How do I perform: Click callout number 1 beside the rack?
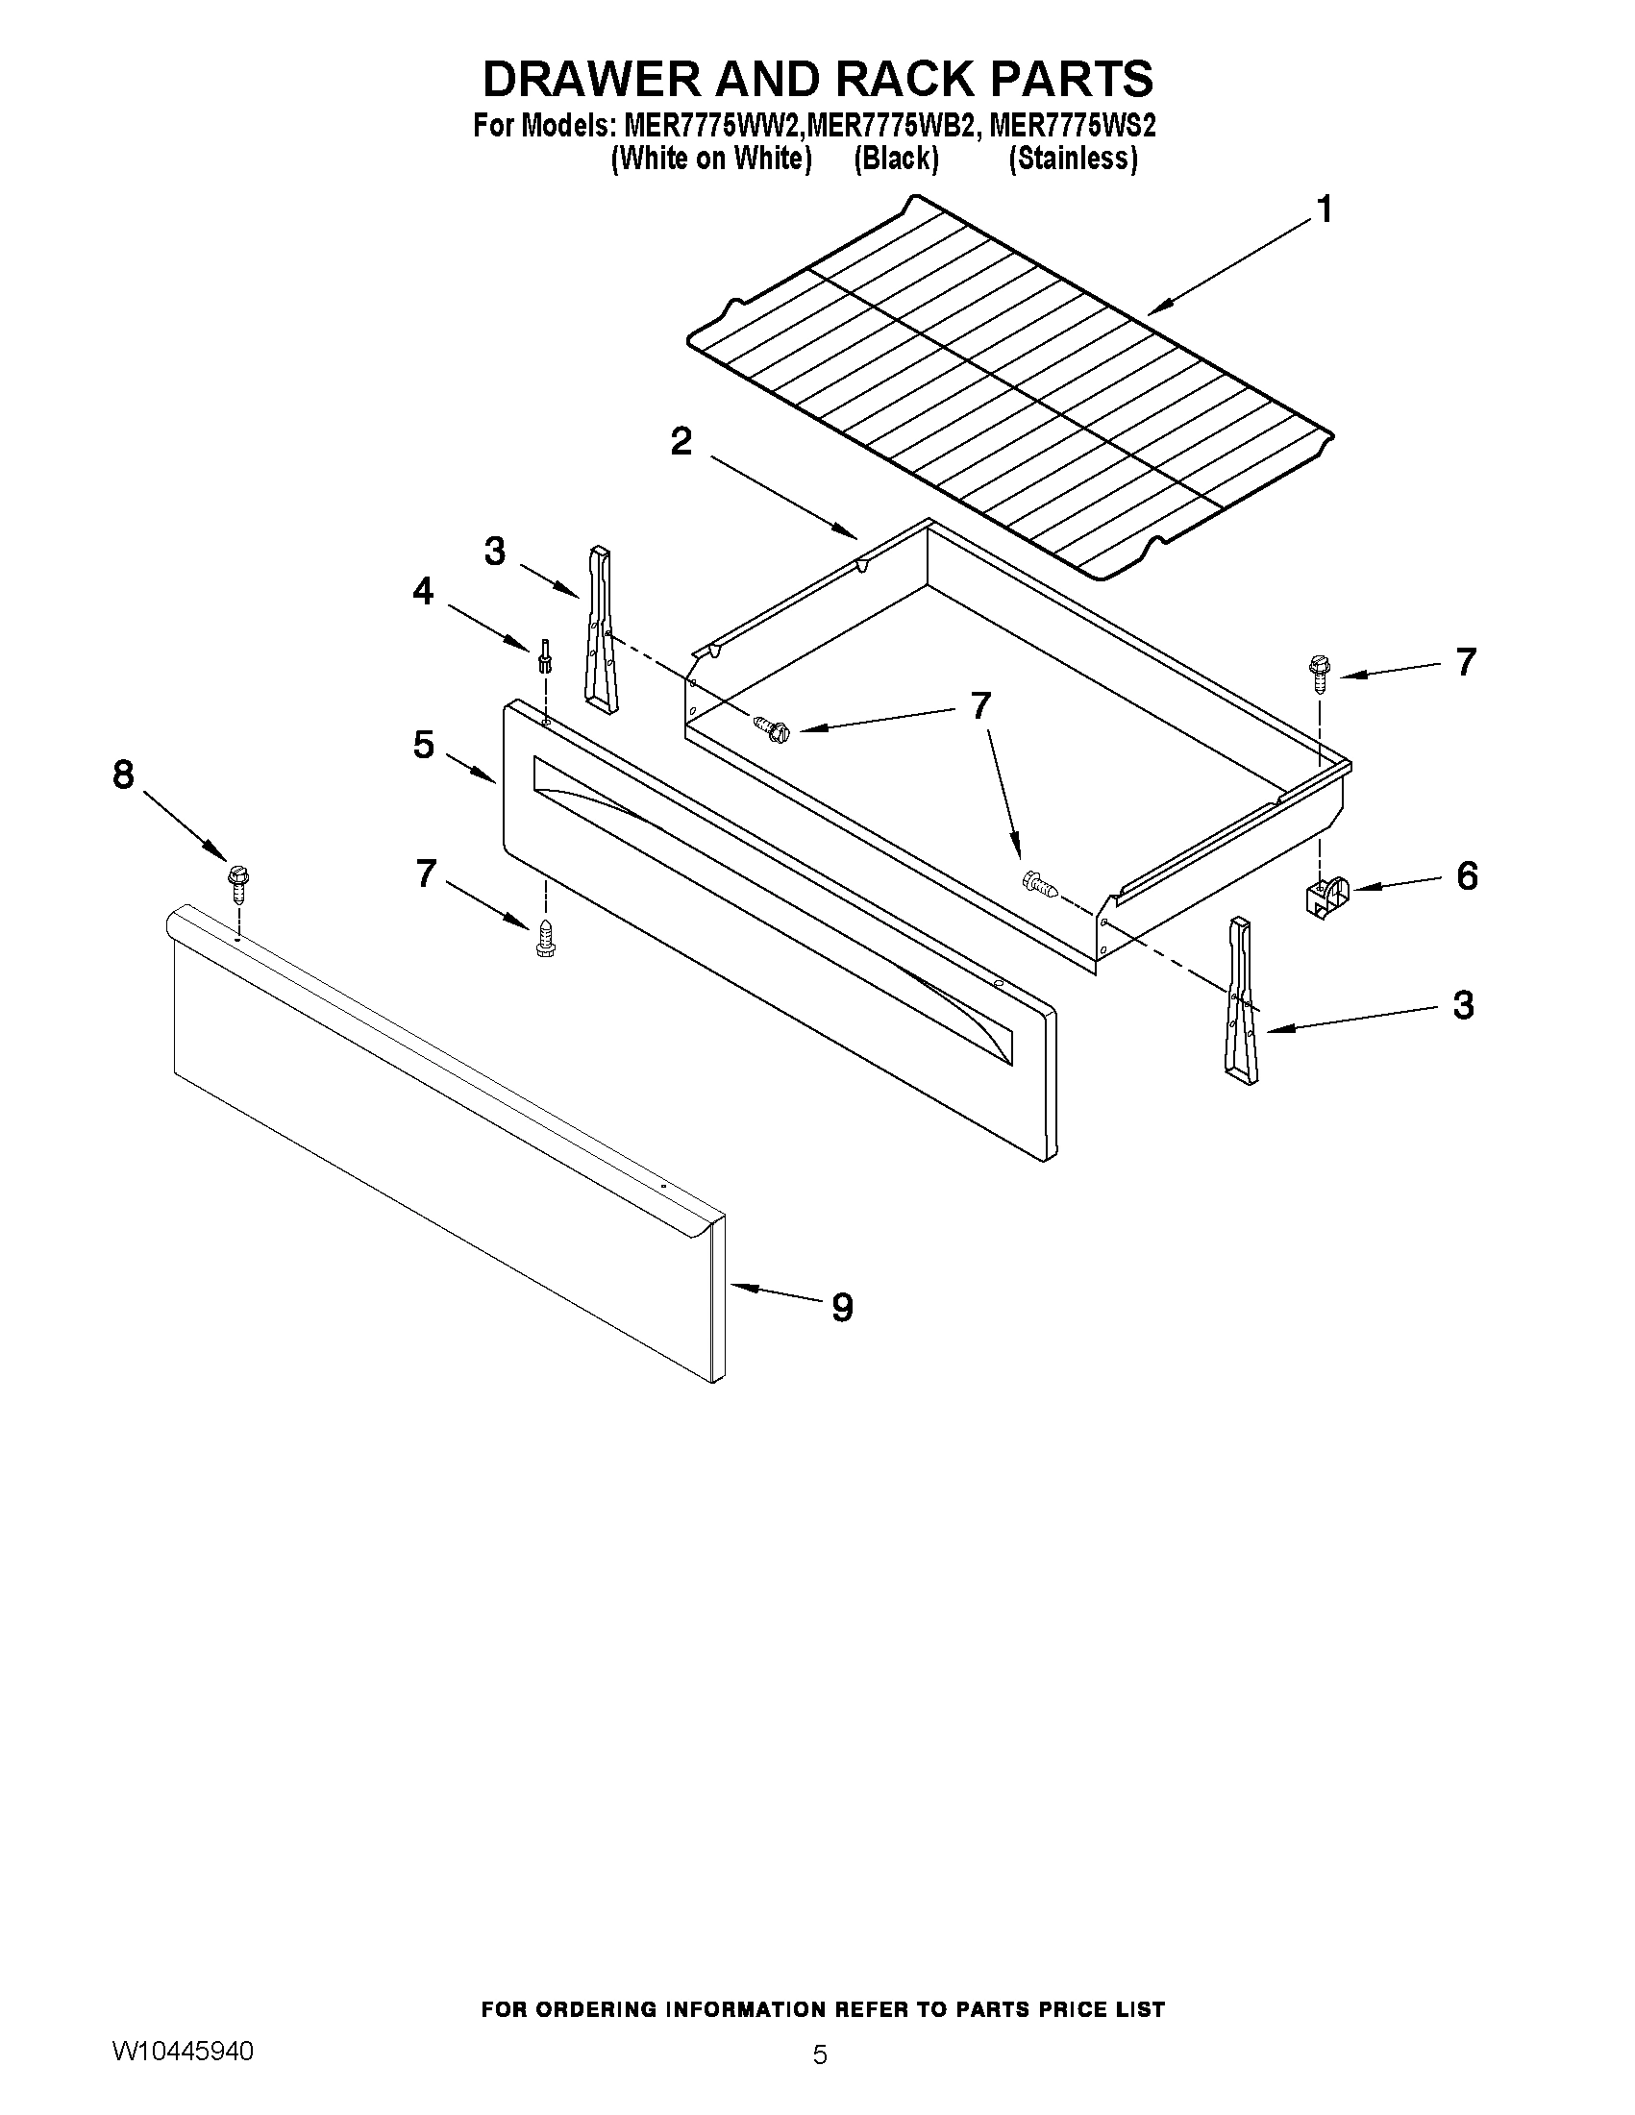[x=1325, y=209]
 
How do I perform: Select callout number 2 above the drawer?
[x=681, y=442]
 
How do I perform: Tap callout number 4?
[x=423, y=591]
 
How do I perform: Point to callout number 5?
[x=423, y=745]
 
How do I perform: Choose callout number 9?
[x=842, y=1309]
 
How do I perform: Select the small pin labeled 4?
[x=544, y=657]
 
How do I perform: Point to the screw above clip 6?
[x=1319, y=671]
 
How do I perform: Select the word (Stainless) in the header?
[x=1073, y=158]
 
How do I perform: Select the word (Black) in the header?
[x=896, y=158]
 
